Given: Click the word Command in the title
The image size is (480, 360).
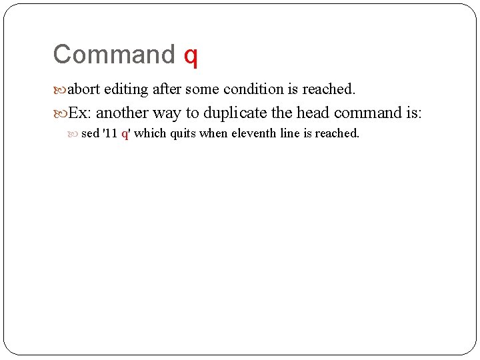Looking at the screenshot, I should point(113,55).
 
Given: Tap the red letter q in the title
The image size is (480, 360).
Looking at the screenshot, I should point(191,56).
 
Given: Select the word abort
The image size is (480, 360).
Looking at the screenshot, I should point(84,89).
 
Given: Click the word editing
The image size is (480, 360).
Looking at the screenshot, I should point(126,90).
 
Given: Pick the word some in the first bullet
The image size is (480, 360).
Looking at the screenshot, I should point(202,89).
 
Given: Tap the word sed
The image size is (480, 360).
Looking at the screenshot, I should point(90,133).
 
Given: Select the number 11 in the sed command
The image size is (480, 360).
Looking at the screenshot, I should point(111,133).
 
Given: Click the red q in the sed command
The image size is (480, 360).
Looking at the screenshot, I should point(125,134).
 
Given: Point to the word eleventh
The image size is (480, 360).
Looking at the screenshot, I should point(254,133).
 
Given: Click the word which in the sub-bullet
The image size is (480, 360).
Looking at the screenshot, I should point(151,133).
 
